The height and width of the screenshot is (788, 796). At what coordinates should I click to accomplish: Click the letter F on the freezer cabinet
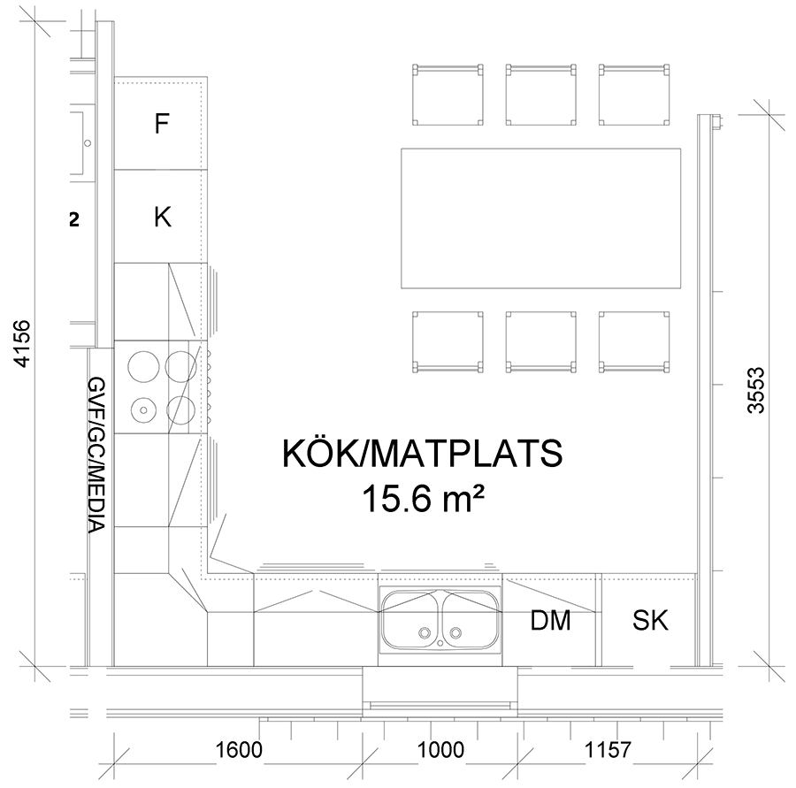(162, 124)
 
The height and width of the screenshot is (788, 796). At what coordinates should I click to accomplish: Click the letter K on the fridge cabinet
(163, 217)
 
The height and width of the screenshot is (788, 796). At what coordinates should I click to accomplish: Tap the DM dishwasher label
(550, 620)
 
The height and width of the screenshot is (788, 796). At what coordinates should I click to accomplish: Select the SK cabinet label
(650, 620)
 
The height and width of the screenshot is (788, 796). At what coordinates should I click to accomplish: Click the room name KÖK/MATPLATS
(423, 453)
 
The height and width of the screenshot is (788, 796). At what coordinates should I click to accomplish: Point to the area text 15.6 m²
(423, 499)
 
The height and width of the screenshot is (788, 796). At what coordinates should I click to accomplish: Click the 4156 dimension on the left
(23, 343)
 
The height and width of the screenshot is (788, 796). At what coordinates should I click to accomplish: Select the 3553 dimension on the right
(756, 390)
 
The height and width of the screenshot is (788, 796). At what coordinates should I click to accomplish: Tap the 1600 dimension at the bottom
(239, 749)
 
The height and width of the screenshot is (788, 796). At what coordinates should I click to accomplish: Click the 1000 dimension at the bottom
(440, 749)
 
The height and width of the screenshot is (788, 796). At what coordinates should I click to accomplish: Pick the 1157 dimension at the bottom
(608, 749)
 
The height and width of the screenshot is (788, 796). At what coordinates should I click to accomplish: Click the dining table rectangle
(540, 218)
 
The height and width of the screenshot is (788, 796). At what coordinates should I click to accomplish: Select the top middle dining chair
(540, 95)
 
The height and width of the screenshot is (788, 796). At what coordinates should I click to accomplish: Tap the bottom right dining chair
(633, 342)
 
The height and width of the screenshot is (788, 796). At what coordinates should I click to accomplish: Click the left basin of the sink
(411, 621)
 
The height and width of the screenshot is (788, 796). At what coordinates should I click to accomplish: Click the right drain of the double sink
(455, 632)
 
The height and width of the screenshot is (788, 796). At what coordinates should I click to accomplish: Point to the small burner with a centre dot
(143, 409)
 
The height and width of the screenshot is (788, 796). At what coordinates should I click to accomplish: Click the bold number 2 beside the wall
(74, 220)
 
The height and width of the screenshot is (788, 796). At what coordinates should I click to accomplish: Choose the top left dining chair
(448, 95)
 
